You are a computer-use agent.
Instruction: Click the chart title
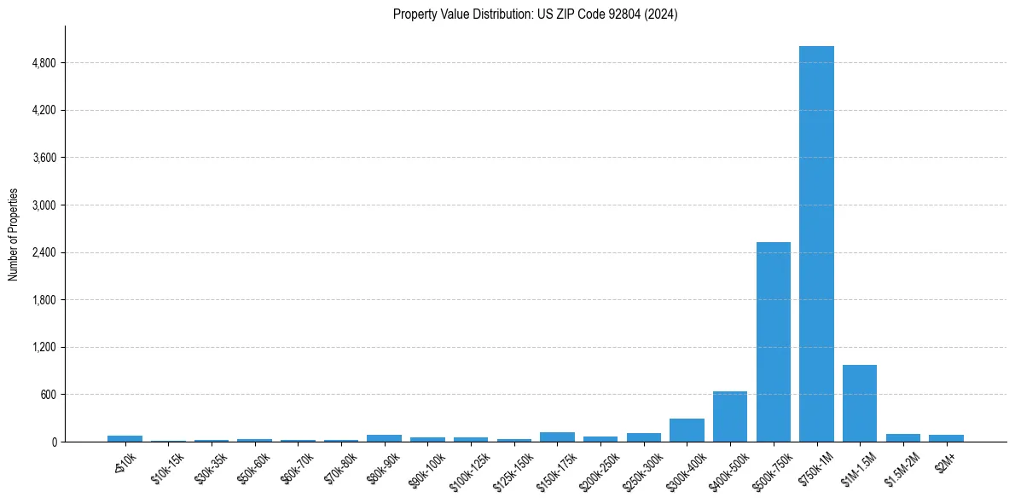[x=535, y=14]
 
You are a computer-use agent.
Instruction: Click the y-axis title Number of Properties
[x=14, y=234]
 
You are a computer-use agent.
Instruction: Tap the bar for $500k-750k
[x=773, y=342]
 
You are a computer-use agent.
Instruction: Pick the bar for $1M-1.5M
[x=859, y=403]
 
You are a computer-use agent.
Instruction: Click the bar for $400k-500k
[x=730, y=416]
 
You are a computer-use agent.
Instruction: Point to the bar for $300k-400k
[x=687, y=430]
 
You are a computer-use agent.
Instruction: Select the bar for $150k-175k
[x=557, y=437]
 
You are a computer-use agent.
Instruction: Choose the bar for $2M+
[x=946, y=438]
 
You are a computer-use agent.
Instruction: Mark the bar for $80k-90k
[x=384, y=438]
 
